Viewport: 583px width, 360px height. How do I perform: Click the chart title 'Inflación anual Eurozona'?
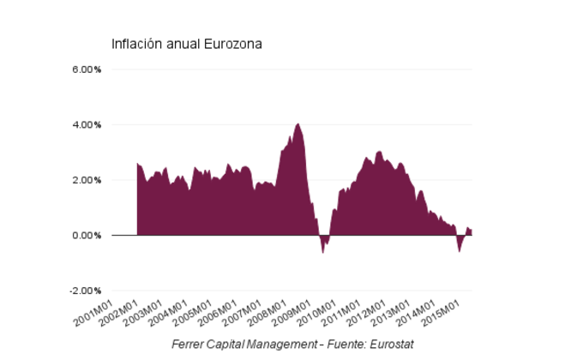click(186, 44)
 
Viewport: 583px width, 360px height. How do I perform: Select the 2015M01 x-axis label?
click(444, 312)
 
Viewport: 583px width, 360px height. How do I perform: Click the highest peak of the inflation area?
click(298, 124)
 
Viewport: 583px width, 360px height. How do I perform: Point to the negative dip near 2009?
click(323, 251)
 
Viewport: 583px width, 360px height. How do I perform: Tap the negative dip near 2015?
click(460, 250)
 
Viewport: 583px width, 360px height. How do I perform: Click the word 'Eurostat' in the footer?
click(391, 344)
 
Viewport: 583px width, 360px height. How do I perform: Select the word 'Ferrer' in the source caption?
click(189, 344)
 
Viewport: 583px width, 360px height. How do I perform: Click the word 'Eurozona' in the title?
click(232, 44)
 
